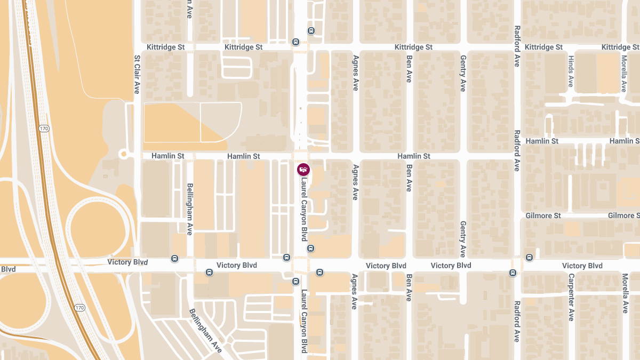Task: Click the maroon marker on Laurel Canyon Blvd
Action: coord(303,170)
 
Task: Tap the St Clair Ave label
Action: coord(137,74)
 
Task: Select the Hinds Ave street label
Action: coord(571,71)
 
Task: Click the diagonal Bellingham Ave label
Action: coord(205,331)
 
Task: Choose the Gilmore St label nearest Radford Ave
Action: coord(542,216)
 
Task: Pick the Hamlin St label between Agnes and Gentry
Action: coord(413,156)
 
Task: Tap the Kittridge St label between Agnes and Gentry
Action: coord(413,47)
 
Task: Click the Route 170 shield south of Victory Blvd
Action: coord(80,308)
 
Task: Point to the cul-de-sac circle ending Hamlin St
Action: coord(124,154)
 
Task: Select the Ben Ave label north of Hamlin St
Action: coord(409,69)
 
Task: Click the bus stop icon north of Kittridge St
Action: coord(311,30)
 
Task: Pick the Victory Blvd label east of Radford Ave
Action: coord(582,266)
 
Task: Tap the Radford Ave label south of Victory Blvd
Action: coord(517,321)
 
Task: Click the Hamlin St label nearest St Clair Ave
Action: coord(167,156)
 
